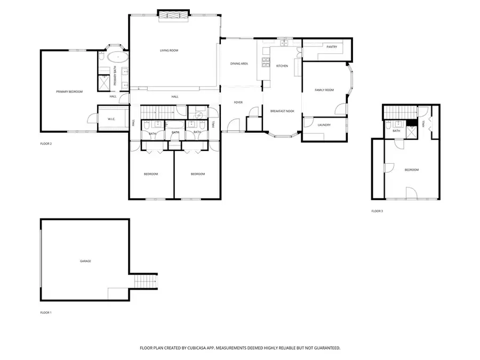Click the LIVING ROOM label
tap(169, 51)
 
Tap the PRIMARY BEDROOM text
tap(69, 92)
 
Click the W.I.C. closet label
tap(112, 119)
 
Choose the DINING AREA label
tap(239, 63)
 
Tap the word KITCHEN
tap(282, 66)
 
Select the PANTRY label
tap(332, 47)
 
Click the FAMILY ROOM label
tap(324, 90)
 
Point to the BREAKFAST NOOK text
tap(283, 111)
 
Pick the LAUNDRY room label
tap(324, 125)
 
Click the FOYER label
tap(238, 102)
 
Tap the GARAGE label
tap(85, 261)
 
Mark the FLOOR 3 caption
tap(377, 211)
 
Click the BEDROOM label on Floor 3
tap(411, 170)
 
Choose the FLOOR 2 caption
tap(46, 143)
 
